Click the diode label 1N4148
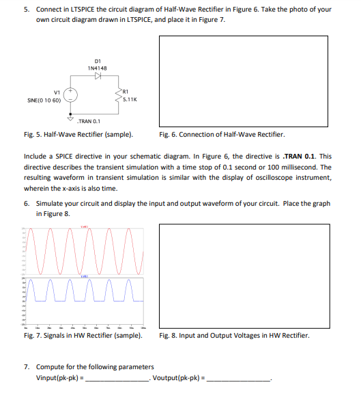pos(96,68)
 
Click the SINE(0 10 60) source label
pos(44,100)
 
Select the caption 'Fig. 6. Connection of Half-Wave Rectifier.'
pos(221,134)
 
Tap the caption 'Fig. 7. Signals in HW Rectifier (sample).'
pos(81,336)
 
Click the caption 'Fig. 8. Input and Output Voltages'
pos(233,336)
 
